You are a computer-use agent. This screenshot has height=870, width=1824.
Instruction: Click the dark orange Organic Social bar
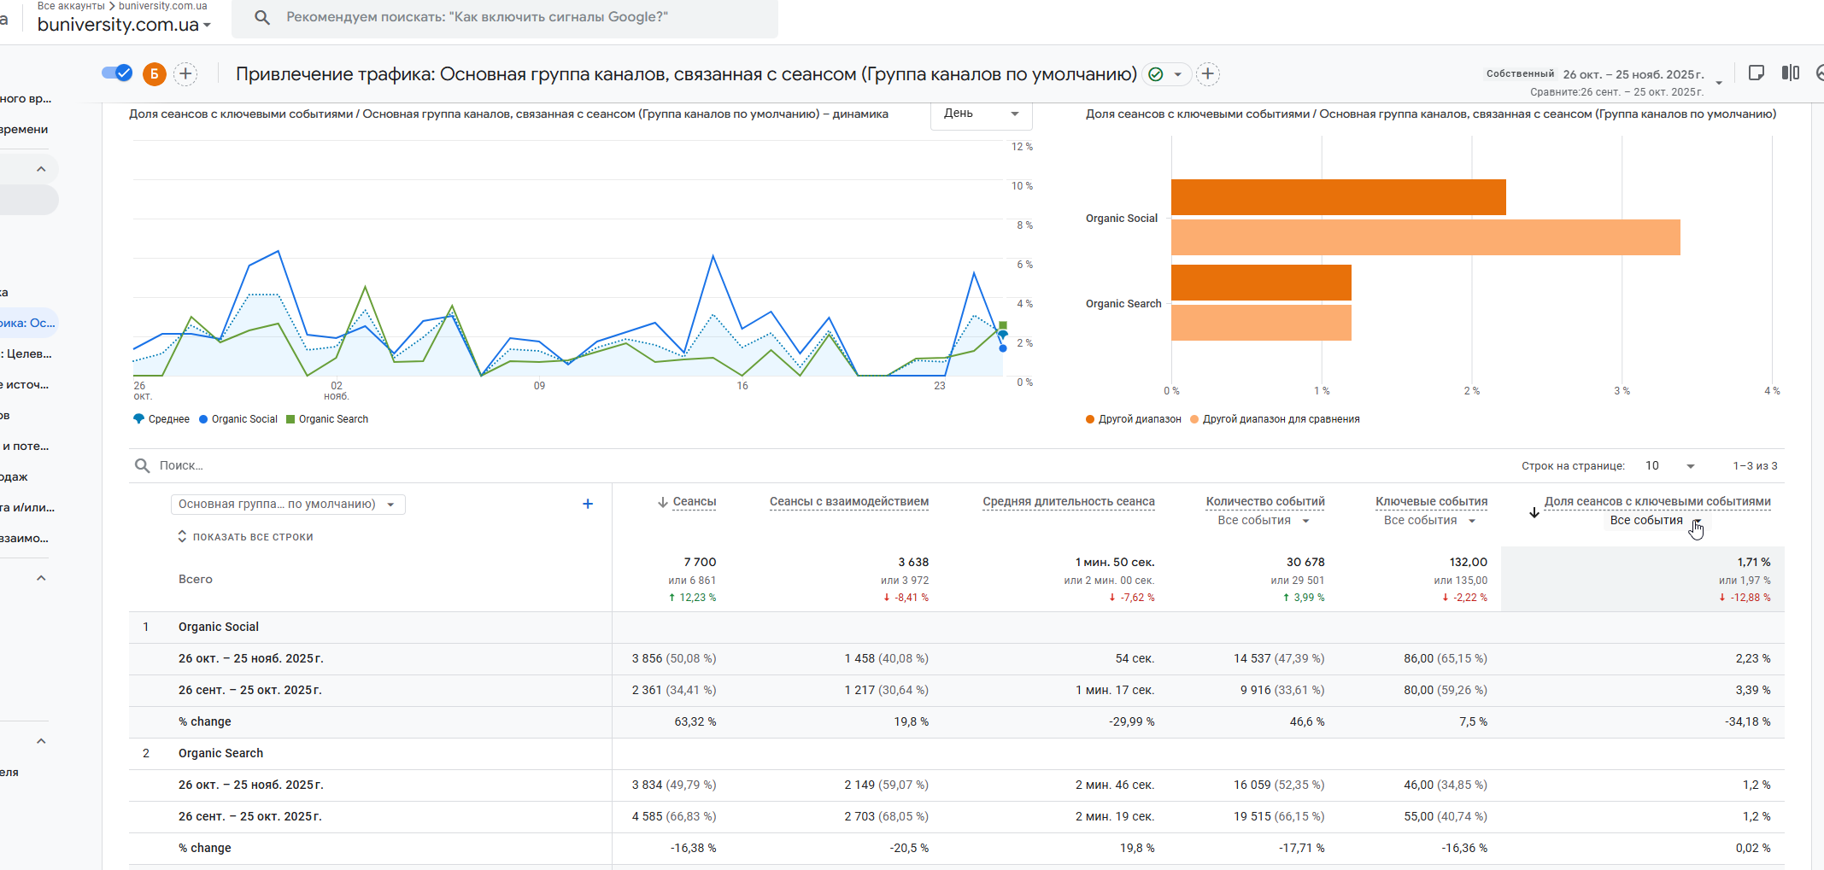[x=1338, y=197]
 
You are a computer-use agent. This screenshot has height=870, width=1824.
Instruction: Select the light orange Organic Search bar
[x=1261, y=323]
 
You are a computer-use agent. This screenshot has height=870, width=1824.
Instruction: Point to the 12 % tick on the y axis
[x=1022, y=147]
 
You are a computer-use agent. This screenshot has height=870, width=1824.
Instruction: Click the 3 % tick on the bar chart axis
[x=1621, y=391]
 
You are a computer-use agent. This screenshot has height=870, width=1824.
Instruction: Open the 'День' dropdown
[x=981, y=114]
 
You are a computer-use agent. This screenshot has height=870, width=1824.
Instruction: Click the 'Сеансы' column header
[x=694, y=502]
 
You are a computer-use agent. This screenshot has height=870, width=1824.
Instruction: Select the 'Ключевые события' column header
[x=1431, y=502]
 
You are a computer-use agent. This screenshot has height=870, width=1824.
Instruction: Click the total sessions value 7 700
[x=700, y=562]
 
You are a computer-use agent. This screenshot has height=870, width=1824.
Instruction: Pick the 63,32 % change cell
[x=695, y=721]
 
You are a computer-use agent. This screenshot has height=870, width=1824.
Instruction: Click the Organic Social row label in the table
[x=219, y=627]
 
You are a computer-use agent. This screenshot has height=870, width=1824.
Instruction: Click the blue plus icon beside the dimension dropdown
[x=588, y=504]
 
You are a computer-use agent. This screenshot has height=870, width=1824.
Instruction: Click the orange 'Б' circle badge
[x=154, y=74]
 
